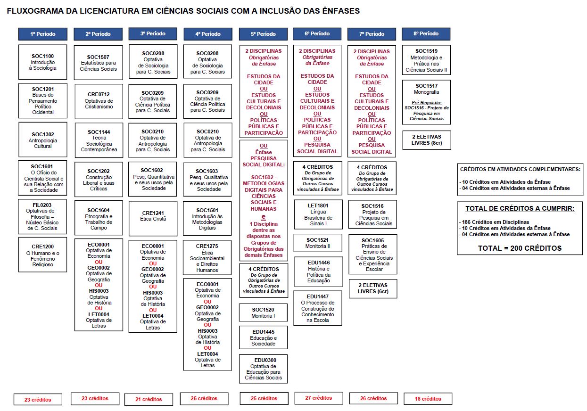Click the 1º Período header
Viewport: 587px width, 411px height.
pos(43,34)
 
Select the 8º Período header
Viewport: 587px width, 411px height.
pos(426,33)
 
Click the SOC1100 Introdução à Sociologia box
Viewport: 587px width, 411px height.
pos(43,62)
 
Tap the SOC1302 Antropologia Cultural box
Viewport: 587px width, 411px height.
pos(43,140)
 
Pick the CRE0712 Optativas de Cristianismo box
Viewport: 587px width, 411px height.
pos(99,100)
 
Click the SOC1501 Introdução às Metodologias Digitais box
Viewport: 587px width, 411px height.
pos(207,219)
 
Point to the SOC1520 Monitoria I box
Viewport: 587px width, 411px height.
pos(263,313)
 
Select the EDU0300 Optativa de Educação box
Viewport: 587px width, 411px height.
pos(263,369)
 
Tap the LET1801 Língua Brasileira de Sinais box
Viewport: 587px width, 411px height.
pos(318,214)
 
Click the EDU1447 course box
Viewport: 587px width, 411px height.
pos(318,308)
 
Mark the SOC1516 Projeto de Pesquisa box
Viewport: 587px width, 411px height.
pos(372,214)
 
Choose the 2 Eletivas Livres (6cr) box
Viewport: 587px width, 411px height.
pos(372,288)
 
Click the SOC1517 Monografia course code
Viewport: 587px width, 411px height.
pos(426,86)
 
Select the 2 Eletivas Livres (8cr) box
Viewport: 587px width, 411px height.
pos(426,140)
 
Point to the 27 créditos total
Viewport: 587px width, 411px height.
pos(318,398)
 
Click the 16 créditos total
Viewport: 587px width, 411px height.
pos(428,399)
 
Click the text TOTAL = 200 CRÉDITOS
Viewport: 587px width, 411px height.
pos(520,248)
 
